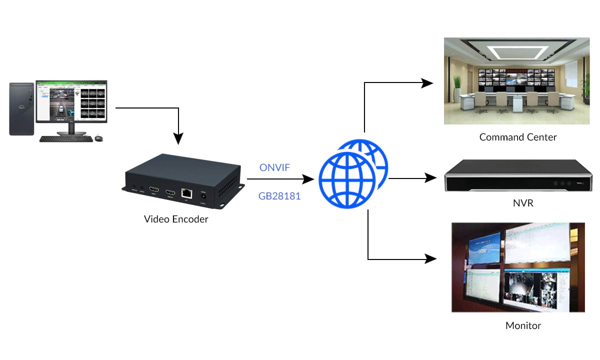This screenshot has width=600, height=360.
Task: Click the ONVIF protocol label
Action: click(x=274, y=167)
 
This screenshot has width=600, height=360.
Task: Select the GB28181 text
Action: click(x=279, y=196)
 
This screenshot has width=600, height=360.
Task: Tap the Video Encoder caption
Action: click(x=176, y=219)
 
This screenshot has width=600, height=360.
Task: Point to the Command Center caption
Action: click(x=518, y=137)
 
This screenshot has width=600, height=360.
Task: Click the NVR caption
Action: click(x=518, y=203)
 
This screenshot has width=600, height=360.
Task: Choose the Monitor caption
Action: click(x=523, y=325)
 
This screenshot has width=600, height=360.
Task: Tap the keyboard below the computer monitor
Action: click(x=65, y=138)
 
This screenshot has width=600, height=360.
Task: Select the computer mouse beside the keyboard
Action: click(x=98, y=138)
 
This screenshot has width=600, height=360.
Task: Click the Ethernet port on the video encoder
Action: click(x=186, y=192)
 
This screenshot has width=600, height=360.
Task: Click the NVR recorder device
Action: click(x=518, y=176)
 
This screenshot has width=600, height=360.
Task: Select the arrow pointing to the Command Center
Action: click(x=395, y=83)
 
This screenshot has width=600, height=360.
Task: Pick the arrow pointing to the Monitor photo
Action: click(x=400, y=259)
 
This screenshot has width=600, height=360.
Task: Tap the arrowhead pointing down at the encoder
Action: click(x=178, y=139)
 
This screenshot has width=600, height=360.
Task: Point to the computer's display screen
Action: click(x=71, y=101)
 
